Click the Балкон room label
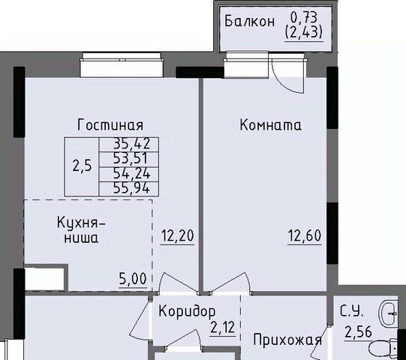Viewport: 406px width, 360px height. pos(249,21)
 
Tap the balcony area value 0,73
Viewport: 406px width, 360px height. pos(304,17)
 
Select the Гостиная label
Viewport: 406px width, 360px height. pos(110,124)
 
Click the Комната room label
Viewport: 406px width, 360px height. pos(271,124)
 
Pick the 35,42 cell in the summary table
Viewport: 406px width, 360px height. pos(129,144)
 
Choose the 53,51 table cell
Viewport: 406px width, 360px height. pos(129,159)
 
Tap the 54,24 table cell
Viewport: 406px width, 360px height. pos(129,174)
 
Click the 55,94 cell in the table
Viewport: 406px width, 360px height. pos(129,188)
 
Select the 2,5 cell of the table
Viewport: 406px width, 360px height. pos(82,166)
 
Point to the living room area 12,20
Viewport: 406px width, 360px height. pos(178,235)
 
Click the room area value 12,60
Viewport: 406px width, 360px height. pos(305,235)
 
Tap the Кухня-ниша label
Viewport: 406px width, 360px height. pos(81,229)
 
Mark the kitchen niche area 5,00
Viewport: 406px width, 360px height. pos(133,279)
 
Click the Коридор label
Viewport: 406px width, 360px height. pos(187,311)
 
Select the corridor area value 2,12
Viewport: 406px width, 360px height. pos(222,328)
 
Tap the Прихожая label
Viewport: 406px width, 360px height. pos(287,340)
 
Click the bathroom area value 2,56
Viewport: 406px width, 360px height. pos(358,332)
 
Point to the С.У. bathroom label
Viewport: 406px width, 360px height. pos(352,312)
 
